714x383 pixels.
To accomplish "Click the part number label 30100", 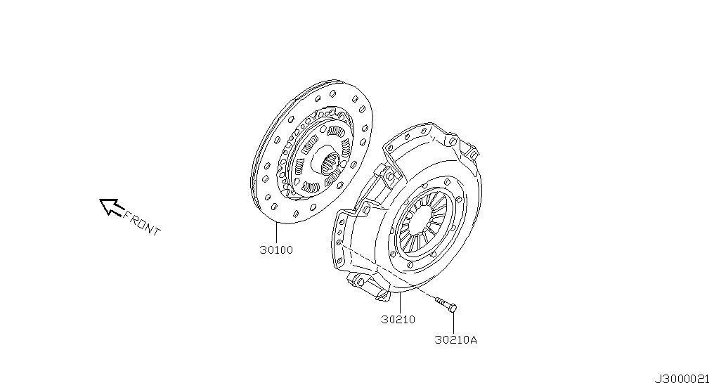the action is (276, 250).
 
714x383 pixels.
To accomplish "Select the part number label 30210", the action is (398, 320).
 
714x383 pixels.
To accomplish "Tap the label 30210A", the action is (456, 339).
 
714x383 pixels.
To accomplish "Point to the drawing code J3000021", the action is (682, 379).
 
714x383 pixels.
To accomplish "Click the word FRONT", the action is (142, 223).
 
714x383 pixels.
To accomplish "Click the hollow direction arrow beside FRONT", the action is (110, 207).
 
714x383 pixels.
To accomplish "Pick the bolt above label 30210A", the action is (446, 304).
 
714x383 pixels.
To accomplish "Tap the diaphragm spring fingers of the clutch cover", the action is (425, 221).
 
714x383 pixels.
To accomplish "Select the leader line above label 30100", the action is (276, 233).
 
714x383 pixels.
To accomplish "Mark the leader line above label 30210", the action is (399, 304).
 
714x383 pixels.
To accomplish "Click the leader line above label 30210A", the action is (453, 323).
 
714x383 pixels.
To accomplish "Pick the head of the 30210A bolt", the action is (452, 309).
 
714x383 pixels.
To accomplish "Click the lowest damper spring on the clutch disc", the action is (311, 187).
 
